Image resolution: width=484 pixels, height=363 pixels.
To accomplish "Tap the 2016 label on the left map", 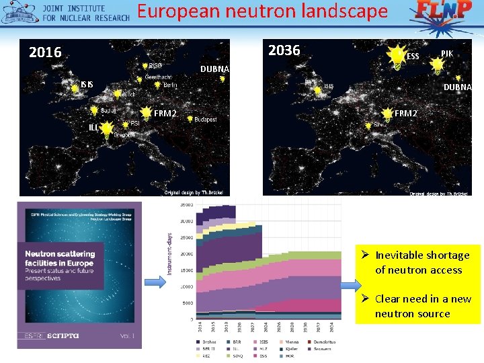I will point(45,52).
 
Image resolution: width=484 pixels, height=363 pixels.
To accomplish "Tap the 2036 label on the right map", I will point(284,50).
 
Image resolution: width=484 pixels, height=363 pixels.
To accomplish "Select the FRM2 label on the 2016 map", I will point(165,114).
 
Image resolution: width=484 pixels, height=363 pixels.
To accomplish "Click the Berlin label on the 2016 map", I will point(170,85).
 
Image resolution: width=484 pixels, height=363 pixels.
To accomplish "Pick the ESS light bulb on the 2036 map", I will point(398,56).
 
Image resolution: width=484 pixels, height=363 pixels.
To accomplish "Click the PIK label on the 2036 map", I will point(447,53).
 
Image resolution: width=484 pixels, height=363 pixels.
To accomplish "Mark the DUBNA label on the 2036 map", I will point(457,87).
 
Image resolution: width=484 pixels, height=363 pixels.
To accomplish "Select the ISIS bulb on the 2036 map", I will point(318,88).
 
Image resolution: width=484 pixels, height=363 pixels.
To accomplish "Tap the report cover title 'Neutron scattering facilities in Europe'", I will point(60,258).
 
